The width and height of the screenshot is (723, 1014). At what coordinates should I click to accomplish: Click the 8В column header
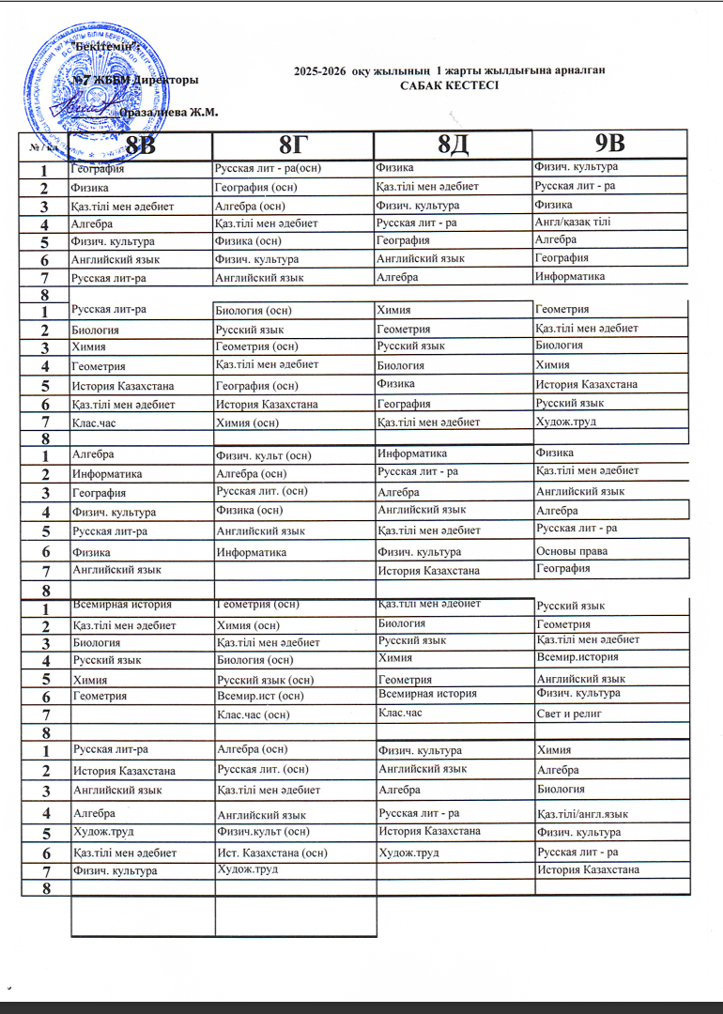pos(140,146)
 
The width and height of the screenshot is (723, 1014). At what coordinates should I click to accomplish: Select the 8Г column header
pos(293,146)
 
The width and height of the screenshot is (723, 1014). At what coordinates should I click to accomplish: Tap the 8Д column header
pos(453,146)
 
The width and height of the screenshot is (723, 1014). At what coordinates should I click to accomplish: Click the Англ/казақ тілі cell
pos(573,222)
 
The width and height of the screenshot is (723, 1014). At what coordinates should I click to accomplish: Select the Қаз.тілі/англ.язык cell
pos(582,813)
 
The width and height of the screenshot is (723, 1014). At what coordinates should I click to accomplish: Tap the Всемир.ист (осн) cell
pos(259,696)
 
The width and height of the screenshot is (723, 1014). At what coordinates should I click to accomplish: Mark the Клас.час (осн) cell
pos(254,715)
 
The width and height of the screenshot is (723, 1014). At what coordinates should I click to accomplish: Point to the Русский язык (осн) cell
pos(265,679)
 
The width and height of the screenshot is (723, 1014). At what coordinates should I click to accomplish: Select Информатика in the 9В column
pos(570,276)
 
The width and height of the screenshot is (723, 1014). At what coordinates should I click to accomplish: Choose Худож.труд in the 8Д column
pos(408,853)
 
